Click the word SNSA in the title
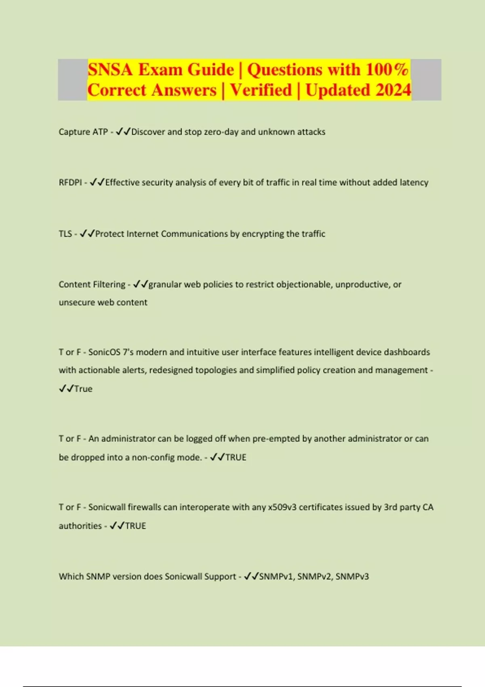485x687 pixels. point(110,70)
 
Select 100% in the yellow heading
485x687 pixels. point(387,70)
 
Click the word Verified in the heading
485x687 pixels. point(261,90)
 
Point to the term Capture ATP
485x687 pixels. point(83,132)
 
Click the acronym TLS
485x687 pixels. point(65,234)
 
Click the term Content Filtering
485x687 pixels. point(92,284)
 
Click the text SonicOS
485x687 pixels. point(104,352)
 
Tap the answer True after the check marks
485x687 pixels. point(83,389)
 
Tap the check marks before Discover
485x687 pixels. point(123,132)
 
